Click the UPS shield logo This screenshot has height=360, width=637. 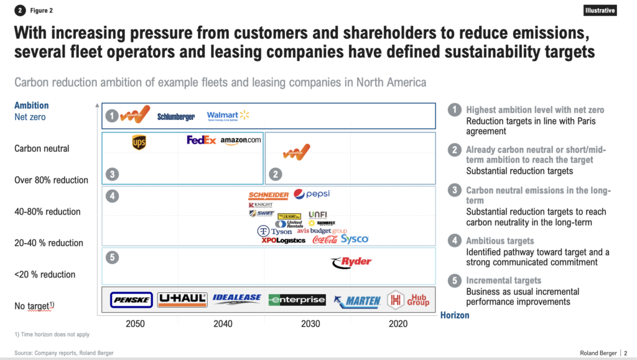coord(138,143)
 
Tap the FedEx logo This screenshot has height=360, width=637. coord(201,140)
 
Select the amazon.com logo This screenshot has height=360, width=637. coord(240,141)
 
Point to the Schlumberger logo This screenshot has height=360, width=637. coord(176,117)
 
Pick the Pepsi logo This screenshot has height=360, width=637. coord(312,194)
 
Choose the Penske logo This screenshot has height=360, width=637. coord(131,300)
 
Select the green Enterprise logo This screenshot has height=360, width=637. coord(297,300)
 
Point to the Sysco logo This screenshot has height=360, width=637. coord(355,239)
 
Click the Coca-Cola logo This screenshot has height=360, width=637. coord(324,239)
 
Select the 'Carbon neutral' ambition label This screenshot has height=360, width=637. coord(42,149)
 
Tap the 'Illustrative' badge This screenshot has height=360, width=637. coord(600,11)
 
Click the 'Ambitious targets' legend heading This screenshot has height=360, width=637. coord(500,241)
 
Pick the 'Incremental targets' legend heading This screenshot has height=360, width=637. coord(503,280)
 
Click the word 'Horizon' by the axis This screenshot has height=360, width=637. coord(455,315)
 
